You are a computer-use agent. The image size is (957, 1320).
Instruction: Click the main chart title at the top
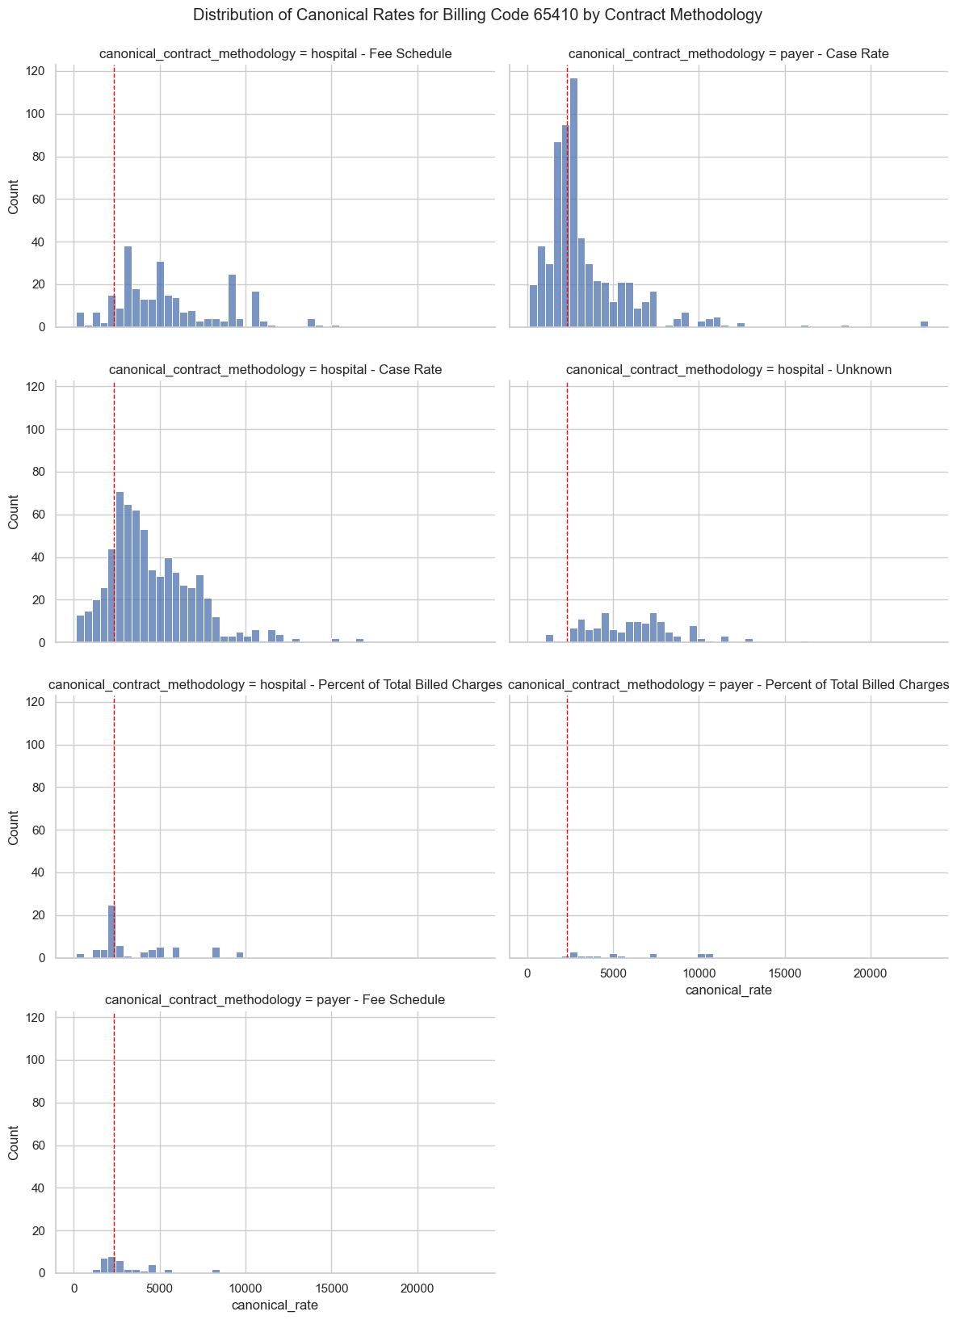[477, 15]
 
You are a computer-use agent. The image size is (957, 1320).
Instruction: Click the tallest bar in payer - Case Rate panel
[573, 202]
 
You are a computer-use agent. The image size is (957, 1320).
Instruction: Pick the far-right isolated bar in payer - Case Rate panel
[924, 324]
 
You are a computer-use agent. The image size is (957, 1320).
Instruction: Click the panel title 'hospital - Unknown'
[728, 370]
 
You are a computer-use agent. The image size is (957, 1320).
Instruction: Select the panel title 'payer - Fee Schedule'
[275, 1000]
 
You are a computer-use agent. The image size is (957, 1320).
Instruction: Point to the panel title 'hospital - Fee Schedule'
[275, 54]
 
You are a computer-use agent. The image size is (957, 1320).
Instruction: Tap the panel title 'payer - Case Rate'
[728, 54]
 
